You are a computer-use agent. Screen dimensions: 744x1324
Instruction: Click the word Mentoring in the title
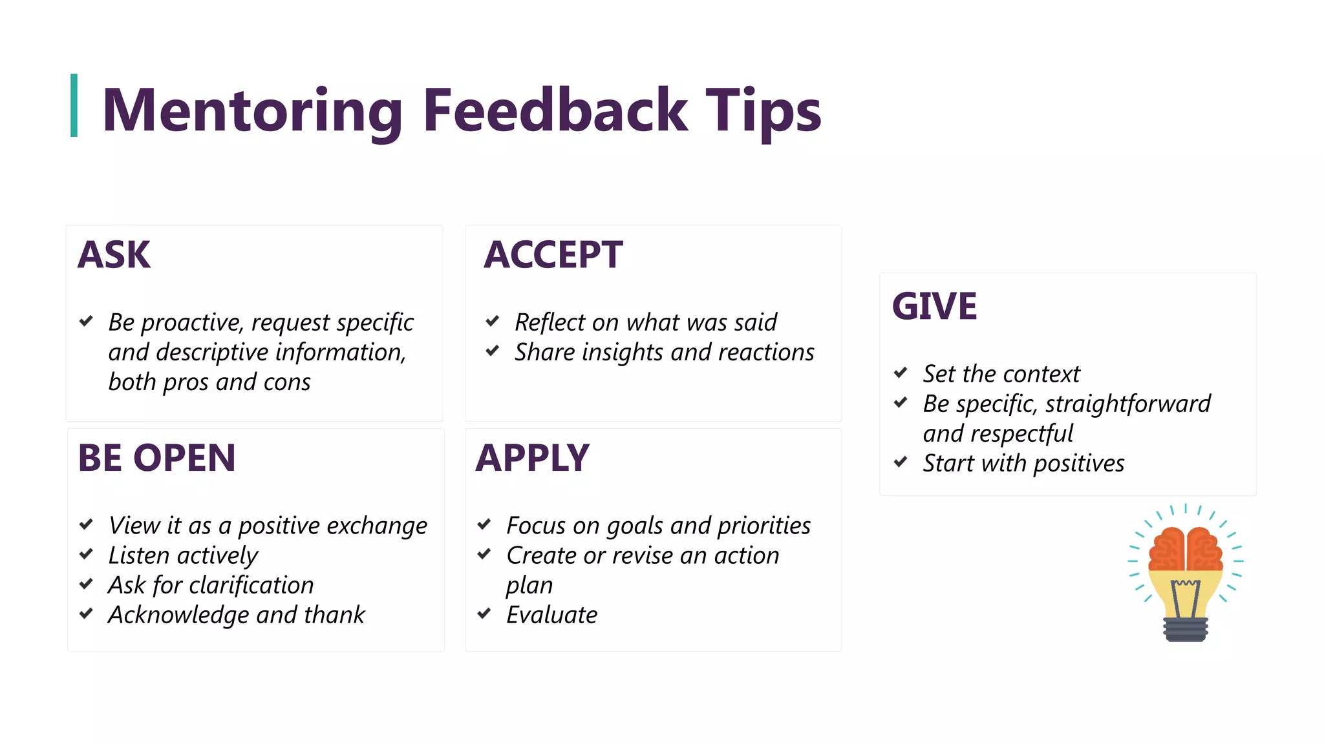(x=252, y=111)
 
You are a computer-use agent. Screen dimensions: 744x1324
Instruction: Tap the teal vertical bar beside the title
(x=74, y=105)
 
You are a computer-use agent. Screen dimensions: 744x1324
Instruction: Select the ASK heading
(x=114, y=254)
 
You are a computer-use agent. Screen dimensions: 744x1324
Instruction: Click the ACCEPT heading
(x=553, y=254)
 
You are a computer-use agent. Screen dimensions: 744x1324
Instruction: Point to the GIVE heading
(x=934, y=306)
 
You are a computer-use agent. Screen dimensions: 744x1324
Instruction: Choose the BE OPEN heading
(x=156, y=458)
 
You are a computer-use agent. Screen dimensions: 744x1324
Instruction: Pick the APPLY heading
(x=532, y=458)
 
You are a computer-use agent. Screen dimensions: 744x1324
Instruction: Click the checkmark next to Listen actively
(x=86, y=554)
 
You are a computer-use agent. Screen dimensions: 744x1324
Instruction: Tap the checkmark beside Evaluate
(x=484, y=614)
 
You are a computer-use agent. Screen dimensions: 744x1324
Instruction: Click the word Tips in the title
(x=763, y=111)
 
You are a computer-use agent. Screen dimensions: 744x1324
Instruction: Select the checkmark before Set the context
(x=901, y=373)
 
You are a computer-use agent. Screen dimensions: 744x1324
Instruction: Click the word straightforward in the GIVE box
(x=1127, y=404)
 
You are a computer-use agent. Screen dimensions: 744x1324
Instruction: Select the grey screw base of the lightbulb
(x=1186, y=629)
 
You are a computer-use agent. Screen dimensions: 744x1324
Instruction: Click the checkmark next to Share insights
(x=493, y=351)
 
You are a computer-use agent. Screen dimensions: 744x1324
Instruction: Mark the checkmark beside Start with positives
(x=901, y=462)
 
